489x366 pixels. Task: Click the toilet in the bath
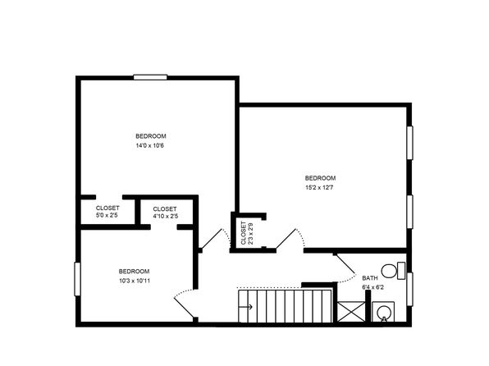(393, 271)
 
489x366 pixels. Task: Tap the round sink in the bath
(383, 312)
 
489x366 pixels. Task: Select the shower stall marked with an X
(351, 312)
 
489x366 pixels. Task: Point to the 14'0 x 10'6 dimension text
(149, 145)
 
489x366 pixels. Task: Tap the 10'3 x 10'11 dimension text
(135, 281)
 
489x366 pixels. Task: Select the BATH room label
(370, 278)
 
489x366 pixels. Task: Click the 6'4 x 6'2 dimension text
(372, 287)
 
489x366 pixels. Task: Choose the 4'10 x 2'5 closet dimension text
(165, 216)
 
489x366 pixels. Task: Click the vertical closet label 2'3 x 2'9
(246, 233)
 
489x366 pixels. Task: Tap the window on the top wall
(150, 77)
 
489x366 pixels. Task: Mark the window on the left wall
(77, 279)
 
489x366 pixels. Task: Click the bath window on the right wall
(409, 289)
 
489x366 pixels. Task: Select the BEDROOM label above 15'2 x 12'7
(320, 178)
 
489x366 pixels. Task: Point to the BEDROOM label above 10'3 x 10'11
(134, 271)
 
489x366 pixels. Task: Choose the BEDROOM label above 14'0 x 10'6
(151, 136)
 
